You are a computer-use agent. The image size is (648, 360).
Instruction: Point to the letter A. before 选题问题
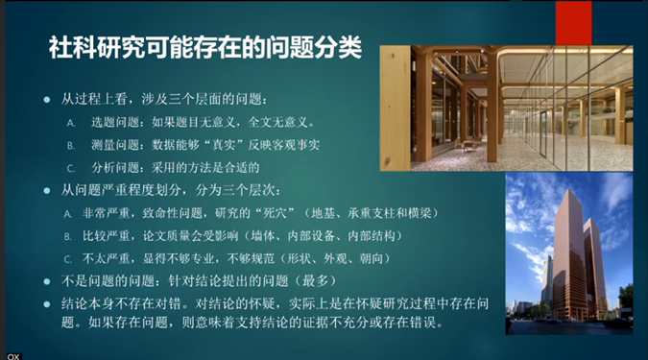[x=70, y=124]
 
